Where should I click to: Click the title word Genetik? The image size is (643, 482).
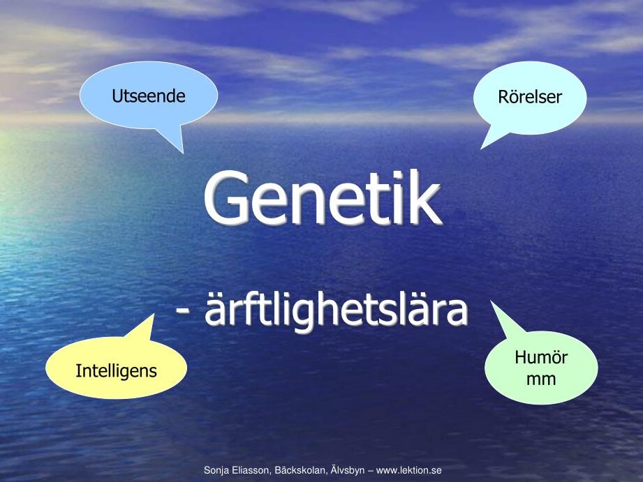coord(323,197)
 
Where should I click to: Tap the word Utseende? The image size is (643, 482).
coord(149,96)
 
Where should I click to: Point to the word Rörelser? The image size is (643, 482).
coord(530,97)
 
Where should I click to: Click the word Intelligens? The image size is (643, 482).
coord(116,371)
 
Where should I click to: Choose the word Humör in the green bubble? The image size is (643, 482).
coord(541,357)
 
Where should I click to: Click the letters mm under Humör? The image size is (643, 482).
coord(541,379)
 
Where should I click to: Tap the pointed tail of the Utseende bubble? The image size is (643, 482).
coord(183,153)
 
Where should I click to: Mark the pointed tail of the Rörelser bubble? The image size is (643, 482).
coord(482,149)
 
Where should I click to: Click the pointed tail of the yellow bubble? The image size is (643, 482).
coord(154,315)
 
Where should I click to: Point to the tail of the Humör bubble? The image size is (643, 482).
coord(492,301)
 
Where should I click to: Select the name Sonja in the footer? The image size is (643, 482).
coord(215,470)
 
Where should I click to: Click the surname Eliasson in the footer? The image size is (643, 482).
coord(250,470)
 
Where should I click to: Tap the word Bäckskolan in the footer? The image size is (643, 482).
coord(301,470)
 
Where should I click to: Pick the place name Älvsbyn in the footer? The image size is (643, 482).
coord(346,469)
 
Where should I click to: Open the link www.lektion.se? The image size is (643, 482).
coord(408,470)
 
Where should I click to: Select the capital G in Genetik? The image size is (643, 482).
coord(225,197)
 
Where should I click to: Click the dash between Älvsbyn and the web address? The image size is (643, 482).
coord(369,471)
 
